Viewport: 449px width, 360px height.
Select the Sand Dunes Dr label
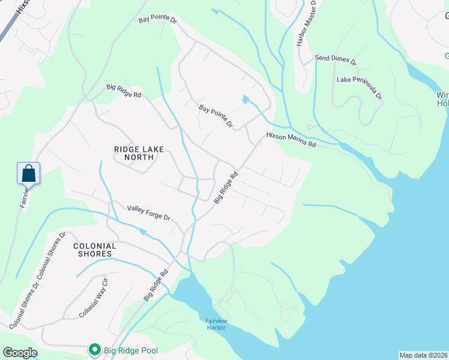[x=336, y=61]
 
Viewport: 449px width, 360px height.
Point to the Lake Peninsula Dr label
[x=360, y=88]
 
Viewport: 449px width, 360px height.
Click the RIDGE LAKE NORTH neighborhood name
[x=134, y=153]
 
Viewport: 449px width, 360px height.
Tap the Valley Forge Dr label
[x=149, y=212]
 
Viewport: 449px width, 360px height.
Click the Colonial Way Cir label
[x=93, y=298]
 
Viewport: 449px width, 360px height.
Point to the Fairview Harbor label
[x=215, y=324]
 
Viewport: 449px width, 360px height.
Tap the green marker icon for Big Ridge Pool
[x=94, y=349]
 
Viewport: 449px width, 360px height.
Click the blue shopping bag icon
[x=29, y=174]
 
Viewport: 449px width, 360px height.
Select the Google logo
[x=19, y=353]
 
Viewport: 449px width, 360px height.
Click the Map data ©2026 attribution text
[x=423, y=355]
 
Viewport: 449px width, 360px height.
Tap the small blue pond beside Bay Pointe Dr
[x=245, y=100]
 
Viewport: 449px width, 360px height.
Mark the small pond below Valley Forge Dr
[x=143, y=231]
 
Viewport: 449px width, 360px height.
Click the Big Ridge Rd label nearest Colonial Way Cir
[x=155, y=285]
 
